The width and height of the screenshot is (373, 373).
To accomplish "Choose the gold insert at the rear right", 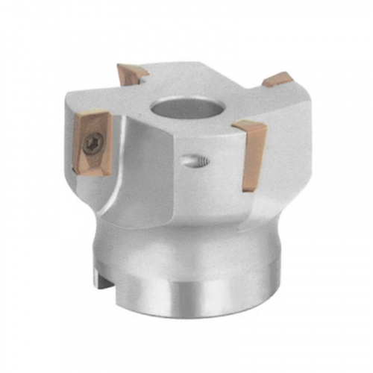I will (277, 79).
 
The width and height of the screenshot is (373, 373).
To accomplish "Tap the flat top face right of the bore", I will (239, 104).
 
